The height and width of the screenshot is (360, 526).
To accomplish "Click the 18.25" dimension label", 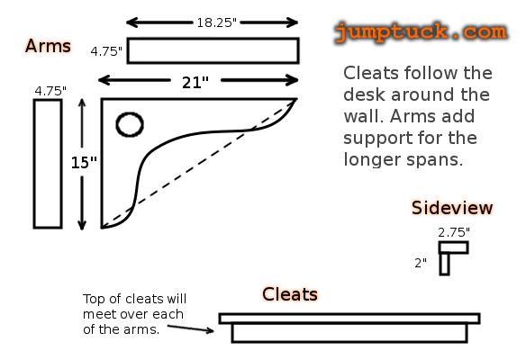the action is coord(217,22).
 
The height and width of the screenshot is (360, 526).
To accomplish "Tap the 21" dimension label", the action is coord(195,82).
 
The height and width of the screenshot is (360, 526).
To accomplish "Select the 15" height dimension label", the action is coord(84,163).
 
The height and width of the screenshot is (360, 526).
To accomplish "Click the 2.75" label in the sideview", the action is coord(454,232).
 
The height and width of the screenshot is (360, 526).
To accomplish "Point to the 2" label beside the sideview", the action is coord(421,263).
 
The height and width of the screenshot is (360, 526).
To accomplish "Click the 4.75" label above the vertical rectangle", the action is coord(50,91).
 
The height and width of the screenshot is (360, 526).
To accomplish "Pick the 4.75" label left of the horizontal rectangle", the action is coord(106,51).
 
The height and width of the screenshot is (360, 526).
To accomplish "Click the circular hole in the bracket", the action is coord(130,124).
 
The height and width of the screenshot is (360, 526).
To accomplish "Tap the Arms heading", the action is coord(48,46).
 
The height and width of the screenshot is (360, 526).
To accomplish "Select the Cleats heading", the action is coord(290,294).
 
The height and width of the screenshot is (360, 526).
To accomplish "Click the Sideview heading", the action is coord(452,208).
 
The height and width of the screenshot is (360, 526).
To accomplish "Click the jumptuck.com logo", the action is coord(421,32).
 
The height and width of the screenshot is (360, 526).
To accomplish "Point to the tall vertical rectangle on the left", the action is coord(48,164).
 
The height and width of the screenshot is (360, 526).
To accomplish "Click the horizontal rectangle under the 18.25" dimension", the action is coord(213,50).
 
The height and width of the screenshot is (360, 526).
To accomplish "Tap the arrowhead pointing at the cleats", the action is coord(210,331).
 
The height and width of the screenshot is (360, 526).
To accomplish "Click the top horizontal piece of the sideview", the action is coord(454,247).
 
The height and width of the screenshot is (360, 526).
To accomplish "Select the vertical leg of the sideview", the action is coord(444,264).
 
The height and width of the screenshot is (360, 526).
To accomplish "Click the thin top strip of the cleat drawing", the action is coord(349,319).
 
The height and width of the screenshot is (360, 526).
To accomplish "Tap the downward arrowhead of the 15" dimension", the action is coord(82,226).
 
